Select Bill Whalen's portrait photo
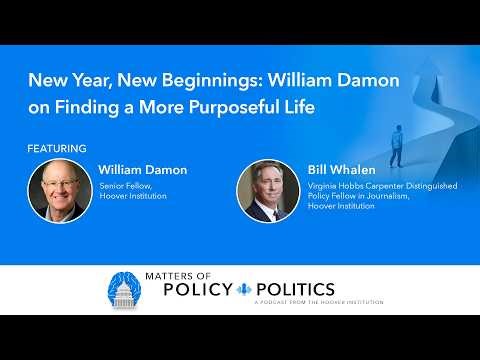click(267, 190)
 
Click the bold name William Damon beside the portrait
click(143, 170)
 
